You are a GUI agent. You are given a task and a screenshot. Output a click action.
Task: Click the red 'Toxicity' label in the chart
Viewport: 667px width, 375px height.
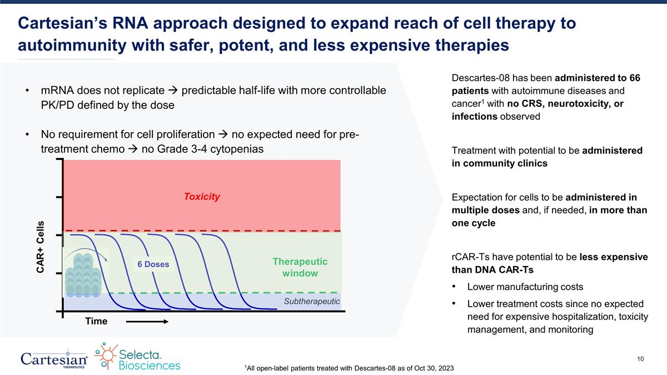click(202, 197)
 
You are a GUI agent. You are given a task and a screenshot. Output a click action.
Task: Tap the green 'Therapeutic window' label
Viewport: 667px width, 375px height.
click(300, 267)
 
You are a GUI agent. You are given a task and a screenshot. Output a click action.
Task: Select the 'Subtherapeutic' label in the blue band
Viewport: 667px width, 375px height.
click(312, 301)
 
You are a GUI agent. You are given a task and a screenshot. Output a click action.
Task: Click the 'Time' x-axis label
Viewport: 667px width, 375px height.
click(96, 322)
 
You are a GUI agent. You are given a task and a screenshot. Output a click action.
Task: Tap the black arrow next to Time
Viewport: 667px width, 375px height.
click(146, 322)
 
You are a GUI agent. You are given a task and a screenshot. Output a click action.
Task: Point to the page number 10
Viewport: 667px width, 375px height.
click(640, 359)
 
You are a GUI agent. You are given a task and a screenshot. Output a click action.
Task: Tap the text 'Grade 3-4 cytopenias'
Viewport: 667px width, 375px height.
click(212, 149)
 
